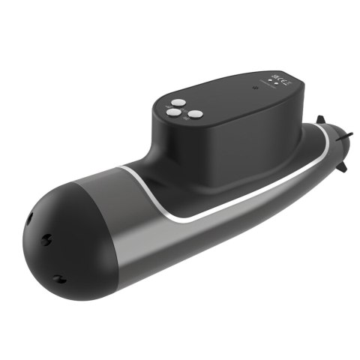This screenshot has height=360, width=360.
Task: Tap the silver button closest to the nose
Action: [173, 114]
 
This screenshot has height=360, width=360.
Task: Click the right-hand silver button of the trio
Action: [196, 114]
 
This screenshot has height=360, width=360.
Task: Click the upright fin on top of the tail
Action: [321, 120]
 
